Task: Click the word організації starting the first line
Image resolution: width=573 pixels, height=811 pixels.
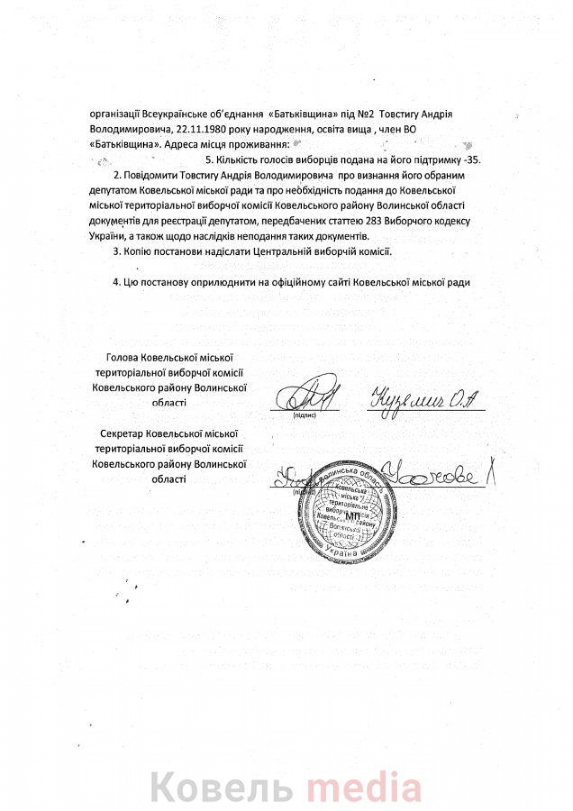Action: [x=114, y=115]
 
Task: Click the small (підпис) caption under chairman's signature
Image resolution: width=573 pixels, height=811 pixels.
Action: [x=304, y=416]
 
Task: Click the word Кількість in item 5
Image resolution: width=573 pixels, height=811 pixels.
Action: [x=234, y=160]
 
